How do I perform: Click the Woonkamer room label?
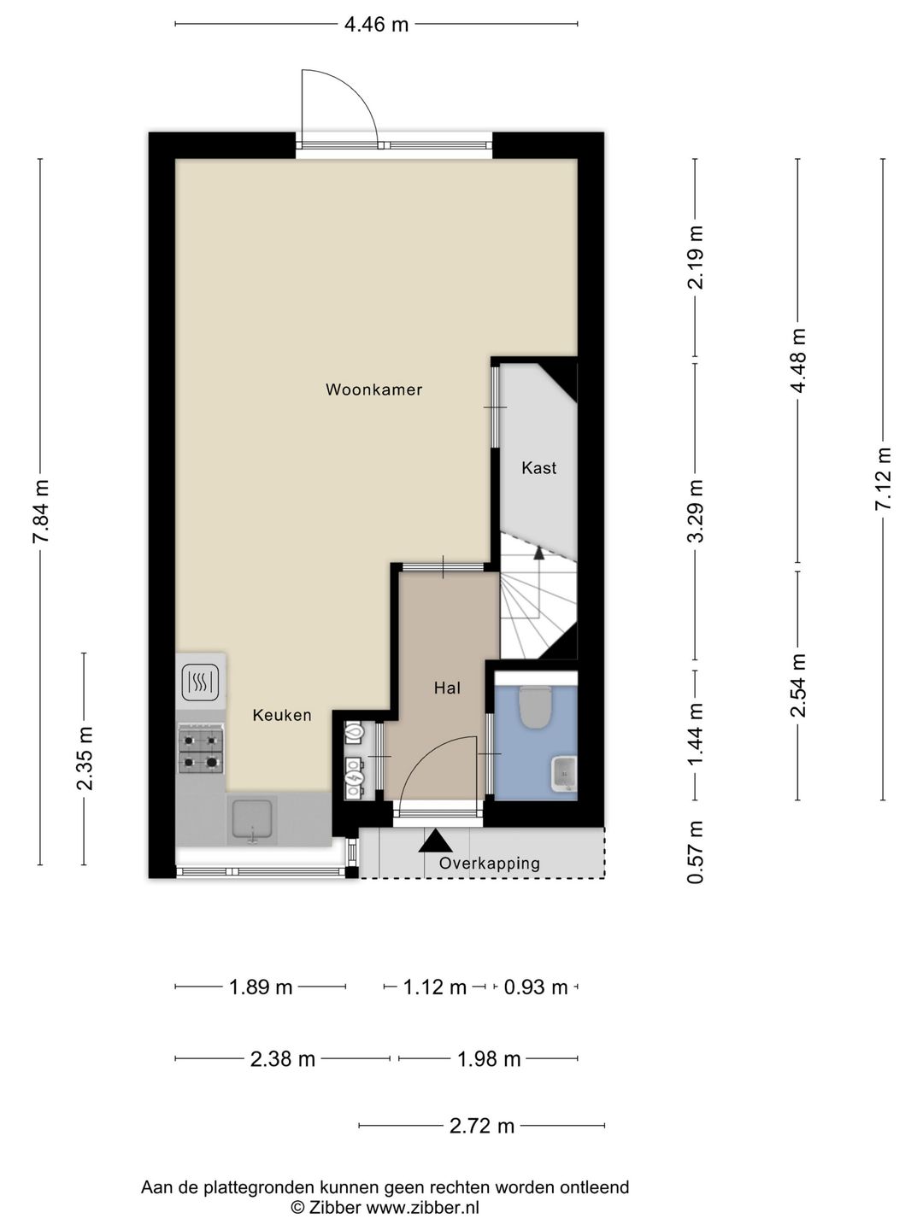[x=373, y=389]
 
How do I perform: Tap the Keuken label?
[x=282, y=715]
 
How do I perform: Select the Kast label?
[x=538, y=468]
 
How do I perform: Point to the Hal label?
[x=447, y=688]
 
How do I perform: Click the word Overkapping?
[x=489, y=864]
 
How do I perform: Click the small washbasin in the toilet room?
[x=564, y=774]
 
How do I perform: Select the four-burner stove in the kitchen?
[x=201, y=747]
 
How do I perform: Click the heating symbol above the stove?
[x=200, y=682]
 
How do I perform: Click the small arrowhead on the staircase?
[x=539, y=553]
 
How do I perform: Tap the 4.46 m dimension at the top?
[x=376, y=25]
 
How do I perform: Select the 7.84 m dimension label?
[x=42, y=511]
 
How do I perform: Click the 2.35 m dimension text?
[x=85, y=758]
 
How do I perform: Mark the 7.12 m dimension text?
[x=883, y=478]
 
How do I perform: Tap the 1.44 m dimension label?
[x=696, y=735]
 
